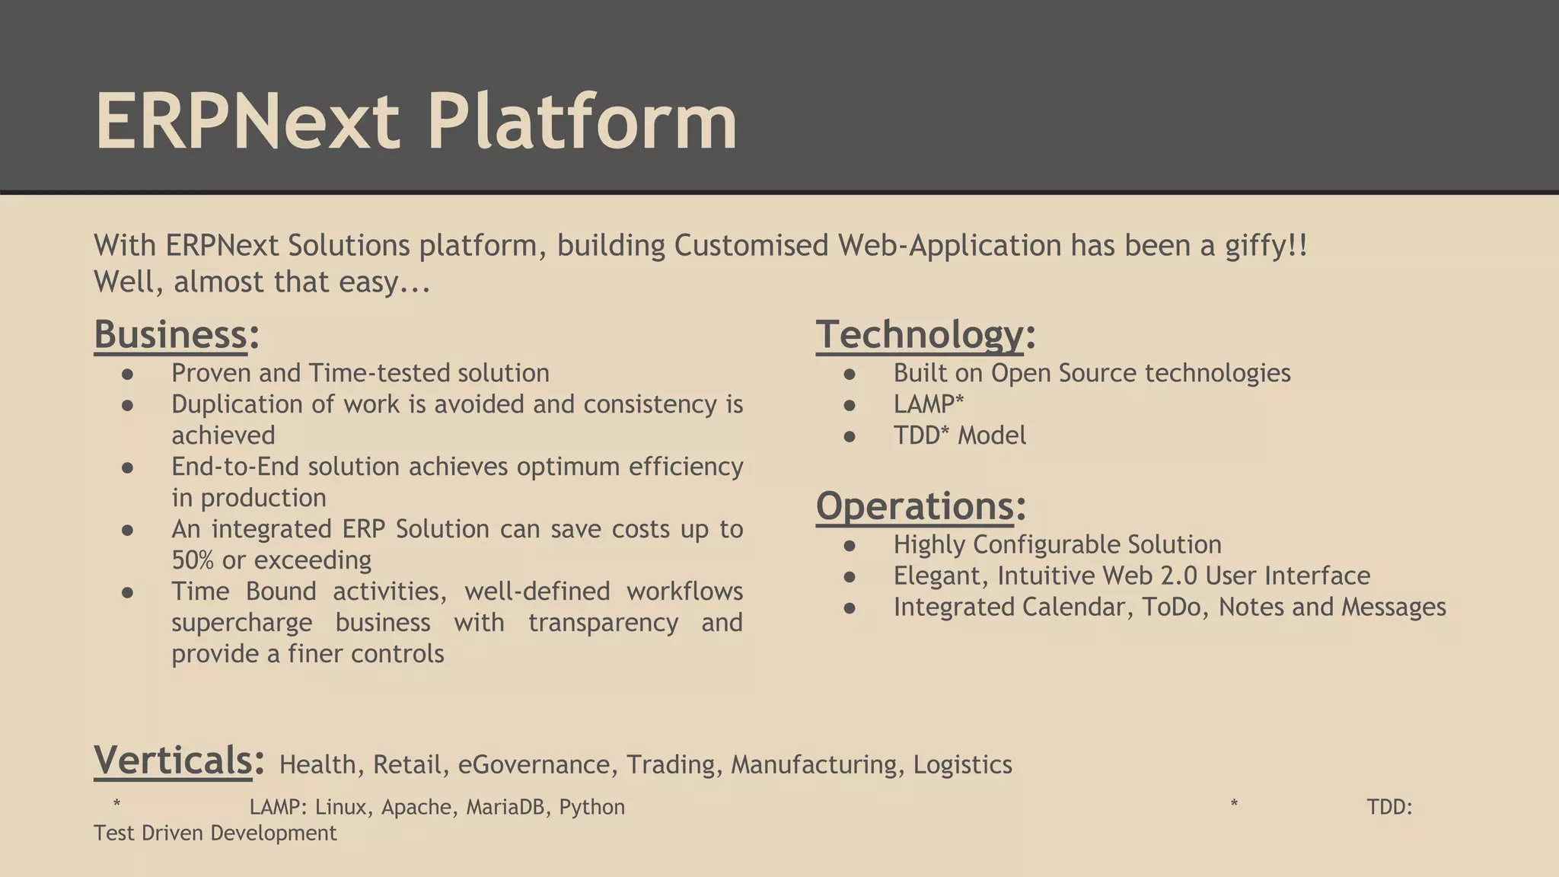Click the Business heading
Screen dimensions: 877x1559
tap(171, 335)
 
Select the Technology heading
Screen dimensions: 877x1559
tap(920, 335)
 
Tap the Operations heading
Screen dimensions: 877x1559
tap(914, 506)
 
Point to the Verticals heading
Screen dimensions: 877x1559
tap(173, 761)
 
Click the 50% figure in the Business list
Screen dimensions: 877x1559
tap(193, 560)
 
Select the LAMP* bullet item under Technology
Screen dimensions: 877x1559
tap(928, 404)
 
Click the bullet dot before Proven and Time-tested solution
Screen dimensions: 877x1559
tap(127, 374)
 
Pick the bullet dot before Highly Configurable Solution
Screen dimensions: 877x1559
tap(850, 545)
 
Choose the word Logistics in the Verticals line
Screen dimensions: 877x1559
tap(962, 764)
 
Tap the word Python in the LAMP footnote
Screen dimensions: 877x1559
tap(591, 807)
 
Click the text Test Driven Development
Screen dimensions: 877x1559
tap(215, 833)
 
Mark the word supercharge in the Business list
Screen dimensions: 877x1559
tap(241, 623)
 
